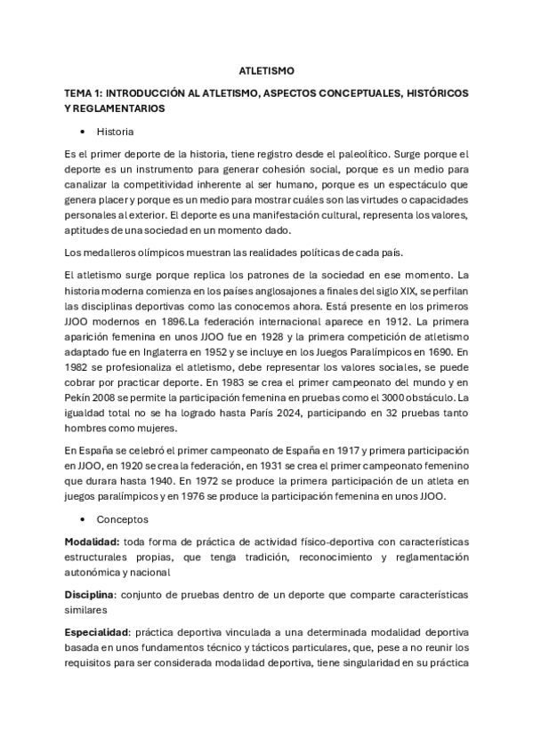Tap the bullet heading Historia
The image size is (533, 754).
coord(116,132)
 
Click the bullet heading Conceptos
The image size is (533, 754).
coord(123,518)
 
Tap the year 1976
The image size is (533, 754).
coord(200,495)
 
